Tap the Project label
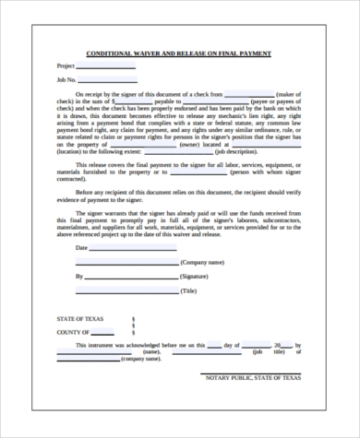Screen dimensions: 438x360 [66, 66]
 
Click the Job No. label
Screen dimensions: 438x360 [67, 80]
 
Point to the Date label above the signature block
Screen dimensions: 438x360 [81, 247]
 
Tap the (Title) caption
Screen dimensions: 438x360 [189, 290]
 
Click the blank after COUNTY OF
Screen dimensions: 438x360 [106, 332]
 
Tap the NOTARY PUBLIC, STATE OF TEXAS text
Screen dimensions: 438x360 [251, 377]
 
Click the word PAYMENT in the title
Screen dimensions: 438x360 [251, 53]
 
